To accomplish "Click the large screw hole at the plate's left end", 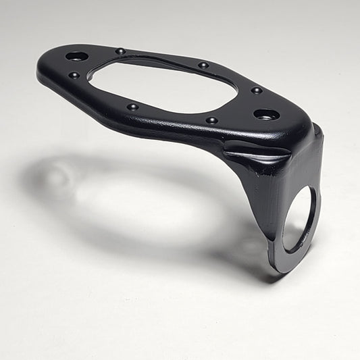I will (76, 55).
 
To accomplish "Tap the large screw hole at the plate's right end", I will (266, 114).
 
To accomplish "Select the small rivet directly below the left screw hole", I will (74, 75).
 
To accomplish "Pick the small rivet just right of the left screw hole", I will (120, 51).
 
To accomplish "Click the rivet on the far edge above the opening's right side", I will (203, 66).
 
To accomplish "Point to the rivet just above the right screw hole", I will (256, 90).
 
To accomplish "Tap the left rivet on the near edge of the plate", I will (132, 107).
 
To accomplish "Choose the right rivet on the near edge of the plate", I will (211, 120).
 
